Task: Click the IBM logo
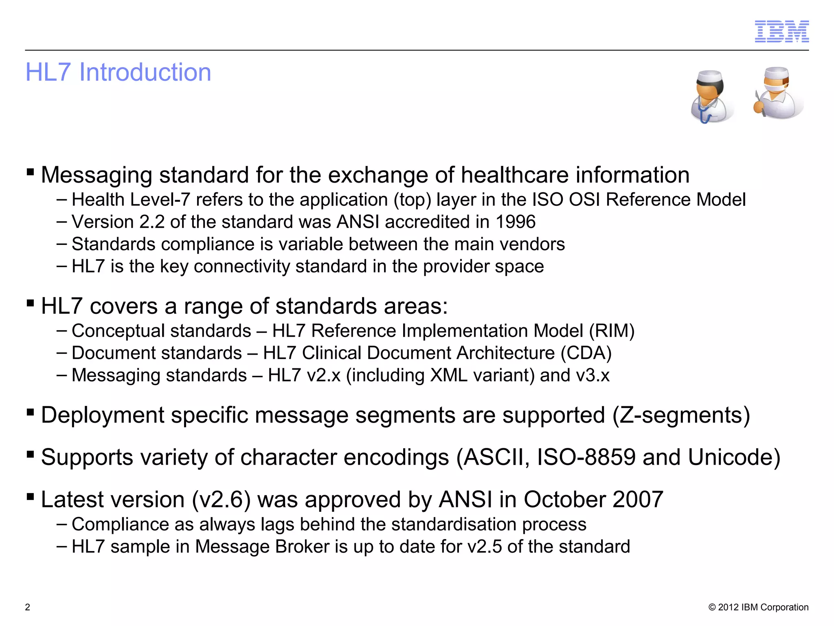point(781,31)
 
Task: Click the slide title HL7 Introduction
point(118,72)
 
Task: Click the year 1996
point(515,222)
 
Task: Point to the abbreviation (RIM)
point(612,331)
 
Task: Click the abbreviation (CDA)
point(586,353)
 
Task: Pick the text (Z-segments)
point(681,415)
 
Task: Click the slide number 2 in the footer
point(28,607)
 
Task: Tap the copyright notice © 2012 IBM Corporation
point(758,607)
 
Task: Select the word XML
point(449,375)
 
